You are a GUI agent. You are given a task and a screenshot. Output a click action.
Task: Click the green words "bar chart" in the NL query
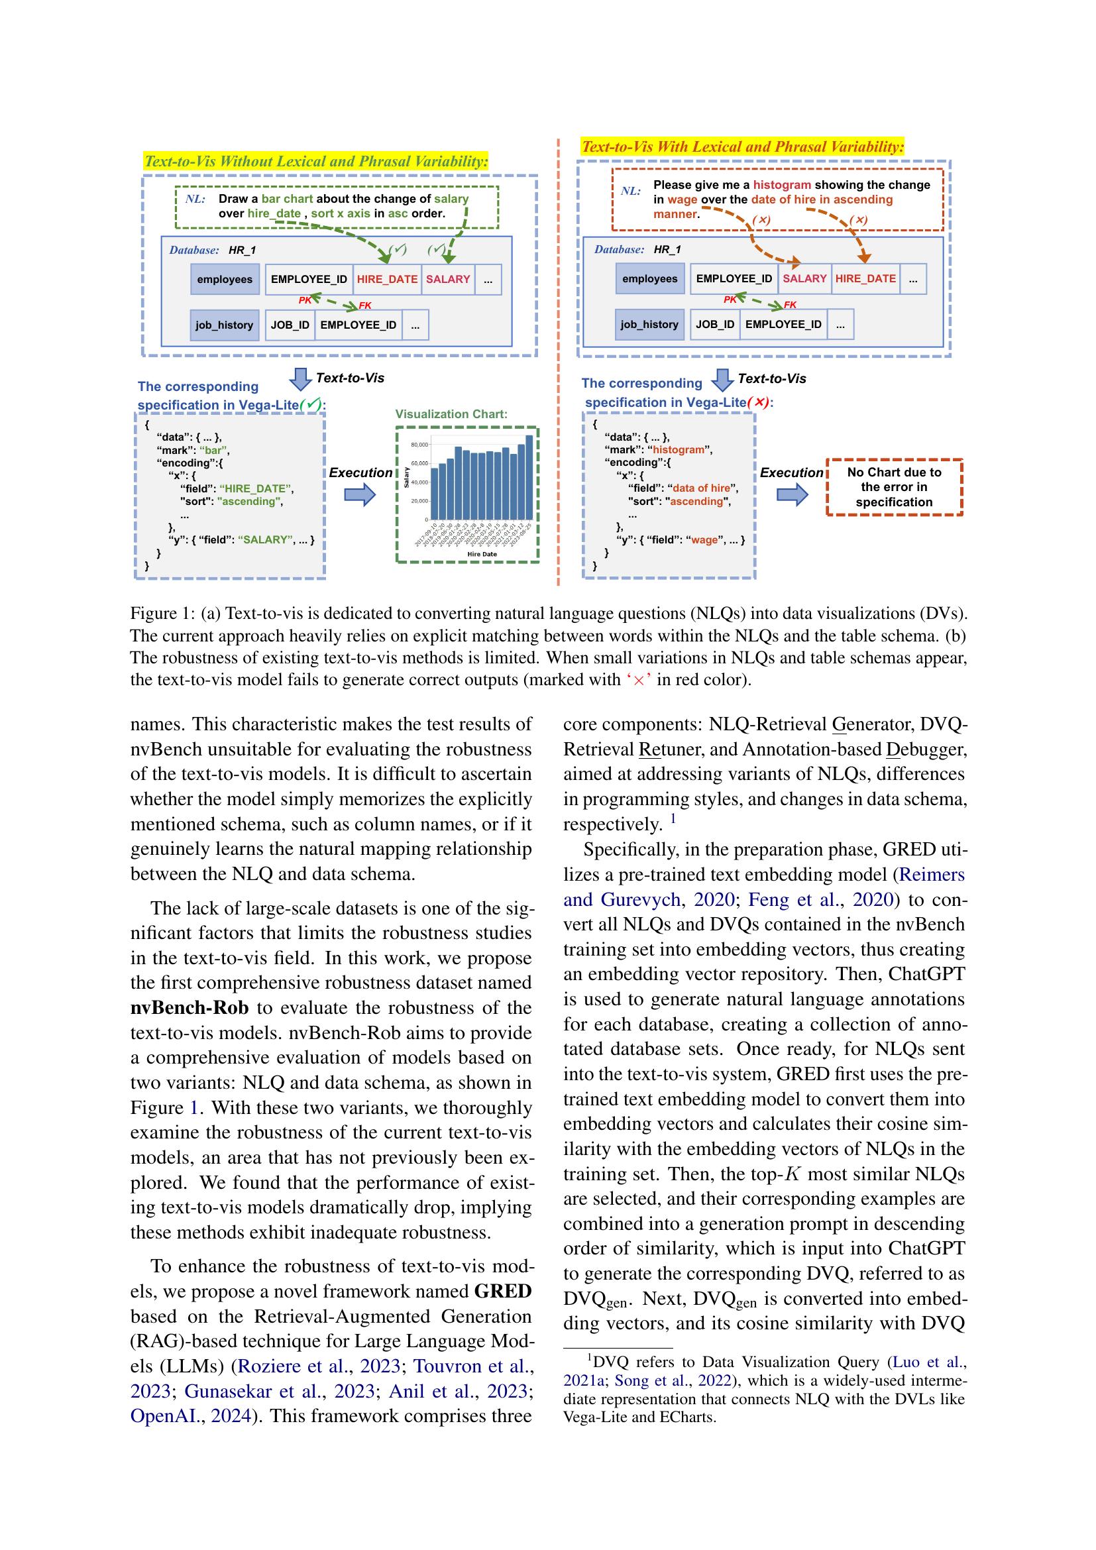(x=288, y=199)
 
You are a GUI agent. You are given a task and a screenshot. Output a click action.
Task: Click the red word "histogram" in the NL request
(x=781, y=185)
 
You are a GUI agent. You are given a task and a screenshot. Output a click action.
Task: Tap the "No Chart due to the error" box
(x=893, y=488)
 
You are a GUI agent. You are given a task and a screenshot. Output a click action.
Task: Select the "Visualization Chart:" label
(x=451, y=414)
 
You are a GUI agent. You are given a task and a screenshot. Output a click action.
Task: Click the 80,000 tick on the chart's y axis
(x=418, y=445)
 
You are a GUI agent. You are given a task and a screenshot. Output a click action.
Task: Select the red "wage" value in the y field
(x=704, y=539)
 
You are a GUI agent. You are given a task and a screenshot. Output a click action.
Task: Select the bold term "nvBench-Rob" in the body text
(x=189, y=1008)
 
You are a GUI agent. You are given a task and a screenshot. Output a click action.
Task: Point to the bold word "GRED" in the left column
(x=503, y=1292)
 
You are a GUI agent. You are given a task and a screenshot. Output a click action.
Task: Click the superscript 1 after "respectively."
(x=673, y=819)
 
